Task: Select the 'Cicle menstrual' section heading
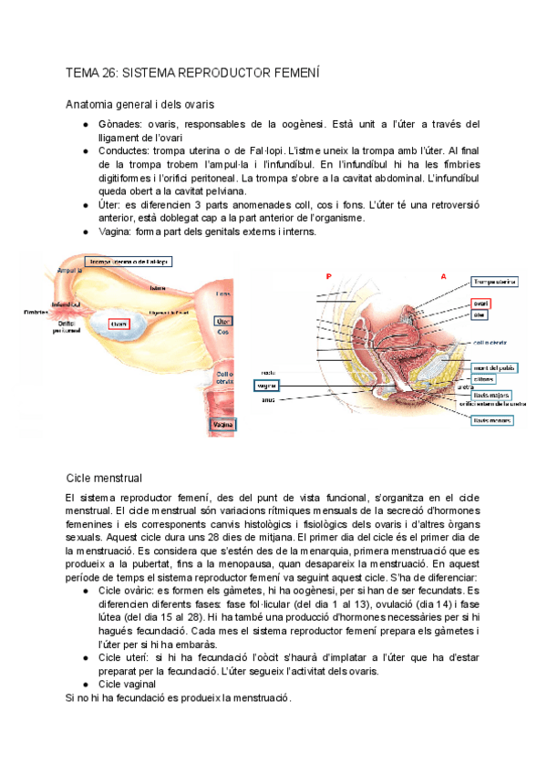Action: click(104, 478)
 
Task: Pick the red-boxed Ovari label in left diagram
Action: click(119, 323)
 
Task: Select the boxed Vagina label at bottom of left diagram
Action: click(222, 425)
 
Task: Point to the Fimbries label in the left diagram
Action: click(36, 312)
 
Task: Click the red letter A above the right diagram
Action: click(444, 275)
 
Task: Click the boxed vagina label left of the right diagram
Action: click(266, 386)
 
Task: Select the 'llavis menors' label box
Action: click(493, 420)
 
